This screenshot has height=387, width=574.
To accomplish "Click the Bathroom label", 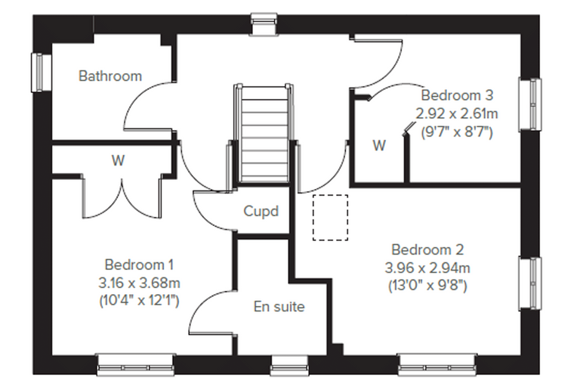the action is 110,76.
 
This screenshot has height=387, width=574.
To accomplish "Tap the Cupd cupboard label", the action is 261,211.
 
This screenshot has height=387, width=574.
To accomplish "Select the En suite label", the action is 279,307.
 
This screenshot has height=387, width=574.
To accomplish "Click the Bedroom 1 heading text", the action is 139,265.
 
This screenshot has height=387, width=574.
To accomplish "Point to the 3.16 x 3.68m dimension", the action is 139,283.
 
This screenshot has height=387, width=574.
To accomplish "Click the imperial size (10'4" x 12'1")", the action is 139,301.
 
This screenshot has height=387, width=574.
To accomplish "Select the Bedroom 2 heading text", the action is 427,250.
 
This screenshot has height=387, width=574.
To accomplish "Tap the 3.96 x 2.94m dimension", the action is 427,268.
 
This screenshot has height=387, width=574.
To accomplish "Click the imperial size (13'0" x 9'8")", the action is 427,286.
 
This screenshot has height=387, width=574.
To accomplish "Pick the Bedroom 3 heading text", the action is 457,95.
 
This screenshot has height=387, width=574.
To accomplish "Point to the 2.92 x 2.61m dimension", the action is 457,113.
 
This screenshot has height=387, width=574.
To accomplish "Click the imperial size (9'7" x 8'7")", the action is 457,132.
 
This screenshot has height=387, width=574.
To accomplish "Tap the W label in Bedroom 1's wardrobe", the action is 119,160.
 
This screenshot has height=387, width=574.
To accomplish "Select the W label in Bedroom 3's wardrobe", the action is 379,145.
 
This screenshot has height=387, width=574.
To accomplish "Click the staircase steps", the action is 263,134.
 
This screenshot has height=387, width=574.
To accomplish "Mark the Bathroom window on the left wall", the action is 41,73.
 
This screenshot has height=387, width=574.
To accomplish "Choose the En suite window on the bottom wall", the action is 289,364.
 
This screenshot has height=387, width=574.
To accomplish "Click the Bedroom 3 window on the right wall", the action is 529,104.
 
